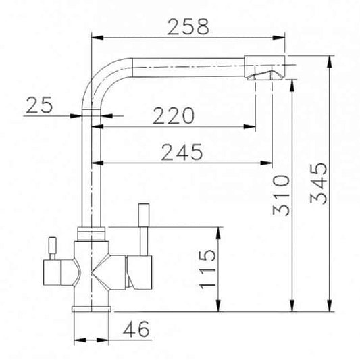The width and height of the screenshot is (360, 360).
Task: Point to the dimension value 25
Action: pyautogui.click(x=39, y=105)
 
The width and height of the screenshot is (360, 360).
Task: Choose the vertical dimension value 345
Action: pyautogui.click(x=317, y=184)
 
